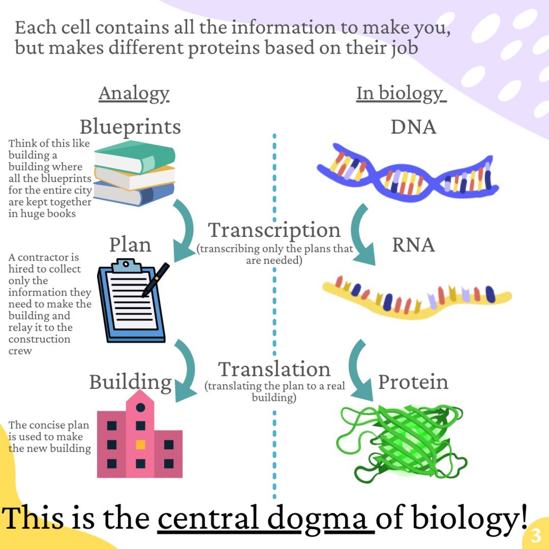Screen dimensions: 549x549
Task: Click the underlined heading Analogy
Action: (134, 93)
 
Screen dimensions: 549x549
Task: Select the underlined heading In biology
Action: (400, 93)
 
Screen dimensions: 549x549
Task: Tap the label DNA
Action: (413, 127)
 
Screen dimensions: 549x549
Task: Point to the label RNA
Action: (413, 245)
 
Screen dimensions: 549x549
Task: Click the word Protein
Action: (413, 382)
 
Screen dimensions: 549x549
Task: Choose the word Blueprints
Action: (130, 127)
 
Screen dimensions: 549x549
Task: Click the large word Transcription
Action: (274, 230)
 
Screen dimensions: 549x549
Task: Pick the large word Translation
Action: (274, 369)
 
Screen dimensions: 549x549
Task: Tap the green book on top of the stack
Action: (136, 156)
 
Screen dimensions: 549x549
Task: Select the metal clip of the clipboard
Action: (126, 265)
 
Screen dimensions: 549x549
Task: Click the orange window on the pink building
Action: (140, 444)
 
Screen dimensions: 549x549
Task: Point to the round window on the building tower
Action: (140, 407)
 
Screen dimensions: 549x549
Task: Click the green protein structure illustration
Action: (401, 442)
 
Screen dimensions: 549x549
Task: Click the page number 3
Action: (535, 535)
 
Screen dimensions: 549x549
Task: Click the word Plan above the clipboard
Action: (130, 245)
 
